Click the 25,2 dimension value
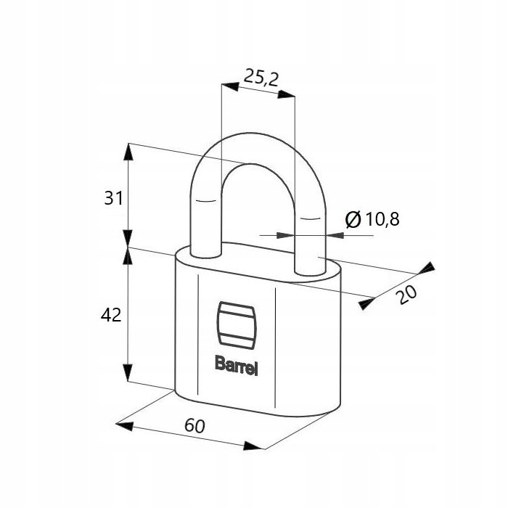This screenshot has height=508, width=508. [x=261, y=78]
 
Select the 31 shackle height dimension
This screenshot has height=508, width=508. [x=113, y=198]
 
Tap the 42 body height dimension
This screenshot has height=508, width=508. [x=111, y=314]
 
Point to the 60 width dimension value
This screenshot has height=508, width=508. [x=194, y=426]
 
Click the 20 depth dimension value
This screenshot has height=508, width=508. [x=407, y=295]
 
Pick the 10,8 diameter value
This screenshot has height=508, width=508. [x=382, y=219]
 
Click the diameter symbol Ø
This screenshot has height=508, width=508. [x=353, y=219]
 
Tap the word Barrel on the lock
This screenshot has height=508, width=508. [x=237, y=366]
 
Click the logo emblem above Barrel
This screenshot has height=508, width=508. [x=237, y=325]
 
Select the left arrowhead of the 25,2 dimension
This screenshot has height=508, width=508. [x=230, y=86]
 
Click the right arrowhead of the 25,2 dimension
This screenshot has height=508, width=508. [x=287, y=94]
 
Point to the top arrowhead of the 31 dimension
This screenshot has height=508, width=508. [x=128, y=152]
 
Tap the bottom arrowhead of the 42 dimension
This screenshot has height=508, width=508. [x=128, y=372]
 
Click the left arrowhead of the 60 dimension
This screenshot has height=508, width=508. [x=124, y=427]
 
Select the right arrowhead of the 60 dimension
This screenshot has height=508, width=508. [x=253, y=446]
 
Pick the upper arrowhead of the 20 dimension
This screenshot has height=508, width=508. [x=427, y=268]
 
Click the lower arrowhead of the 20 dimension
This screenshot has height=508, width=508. [x=366, y=304]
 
